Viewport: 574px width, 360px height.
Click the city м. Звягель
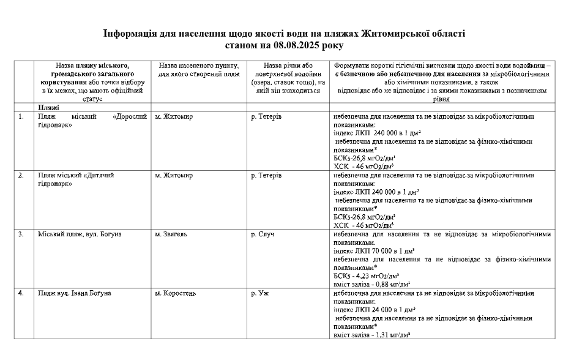(172, 234)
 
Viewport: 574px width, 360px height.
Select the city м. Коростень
(176, 293)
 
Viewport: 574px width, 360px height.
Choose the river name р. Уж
(260, 293)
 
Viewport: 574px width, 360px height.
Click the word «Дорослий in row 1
(130, 116)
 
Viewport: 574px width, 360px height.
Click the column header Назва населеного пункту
(198, 66)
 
